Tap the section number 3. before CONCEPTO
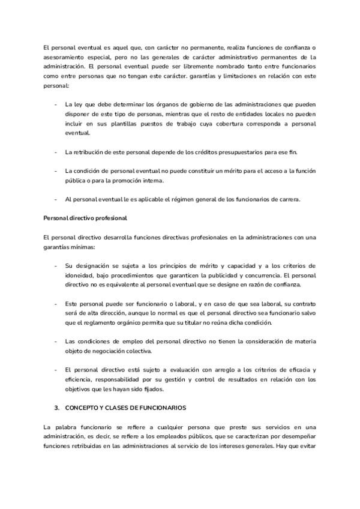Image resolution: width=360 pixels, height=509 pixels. click(56, 408)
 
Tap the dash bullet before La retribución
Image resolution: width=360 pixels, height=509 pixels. click(56, 152)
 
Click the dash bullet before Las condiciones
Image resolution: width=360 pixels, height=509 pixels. click(56, 342)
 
